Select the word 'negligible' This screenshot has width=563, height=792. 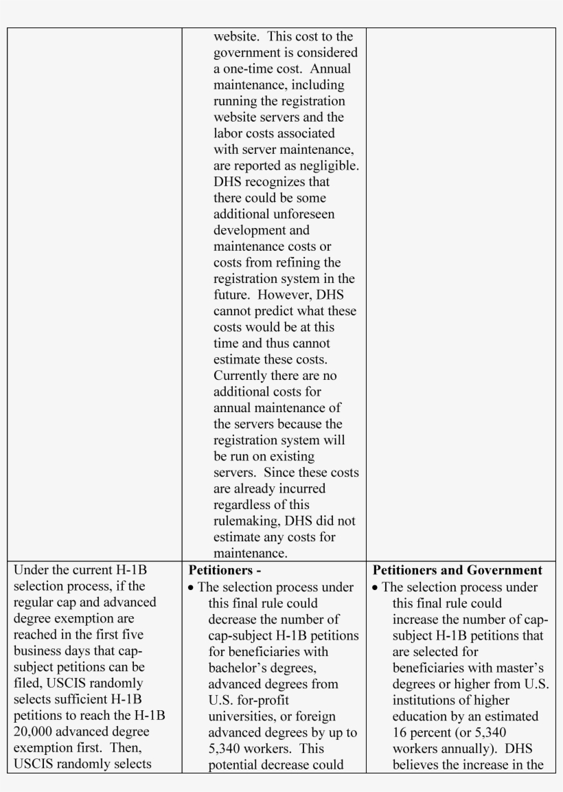(x=328, y=166)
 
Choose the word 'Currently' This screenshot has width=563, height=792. (x=242, y=376)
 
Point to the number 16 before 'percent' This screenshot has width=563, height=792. (x=401, y=732)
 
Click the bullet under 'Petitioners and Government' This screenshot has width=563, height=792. (x=376, y=588)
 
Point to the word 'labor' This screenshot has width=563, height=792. (x=228, y=134)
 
